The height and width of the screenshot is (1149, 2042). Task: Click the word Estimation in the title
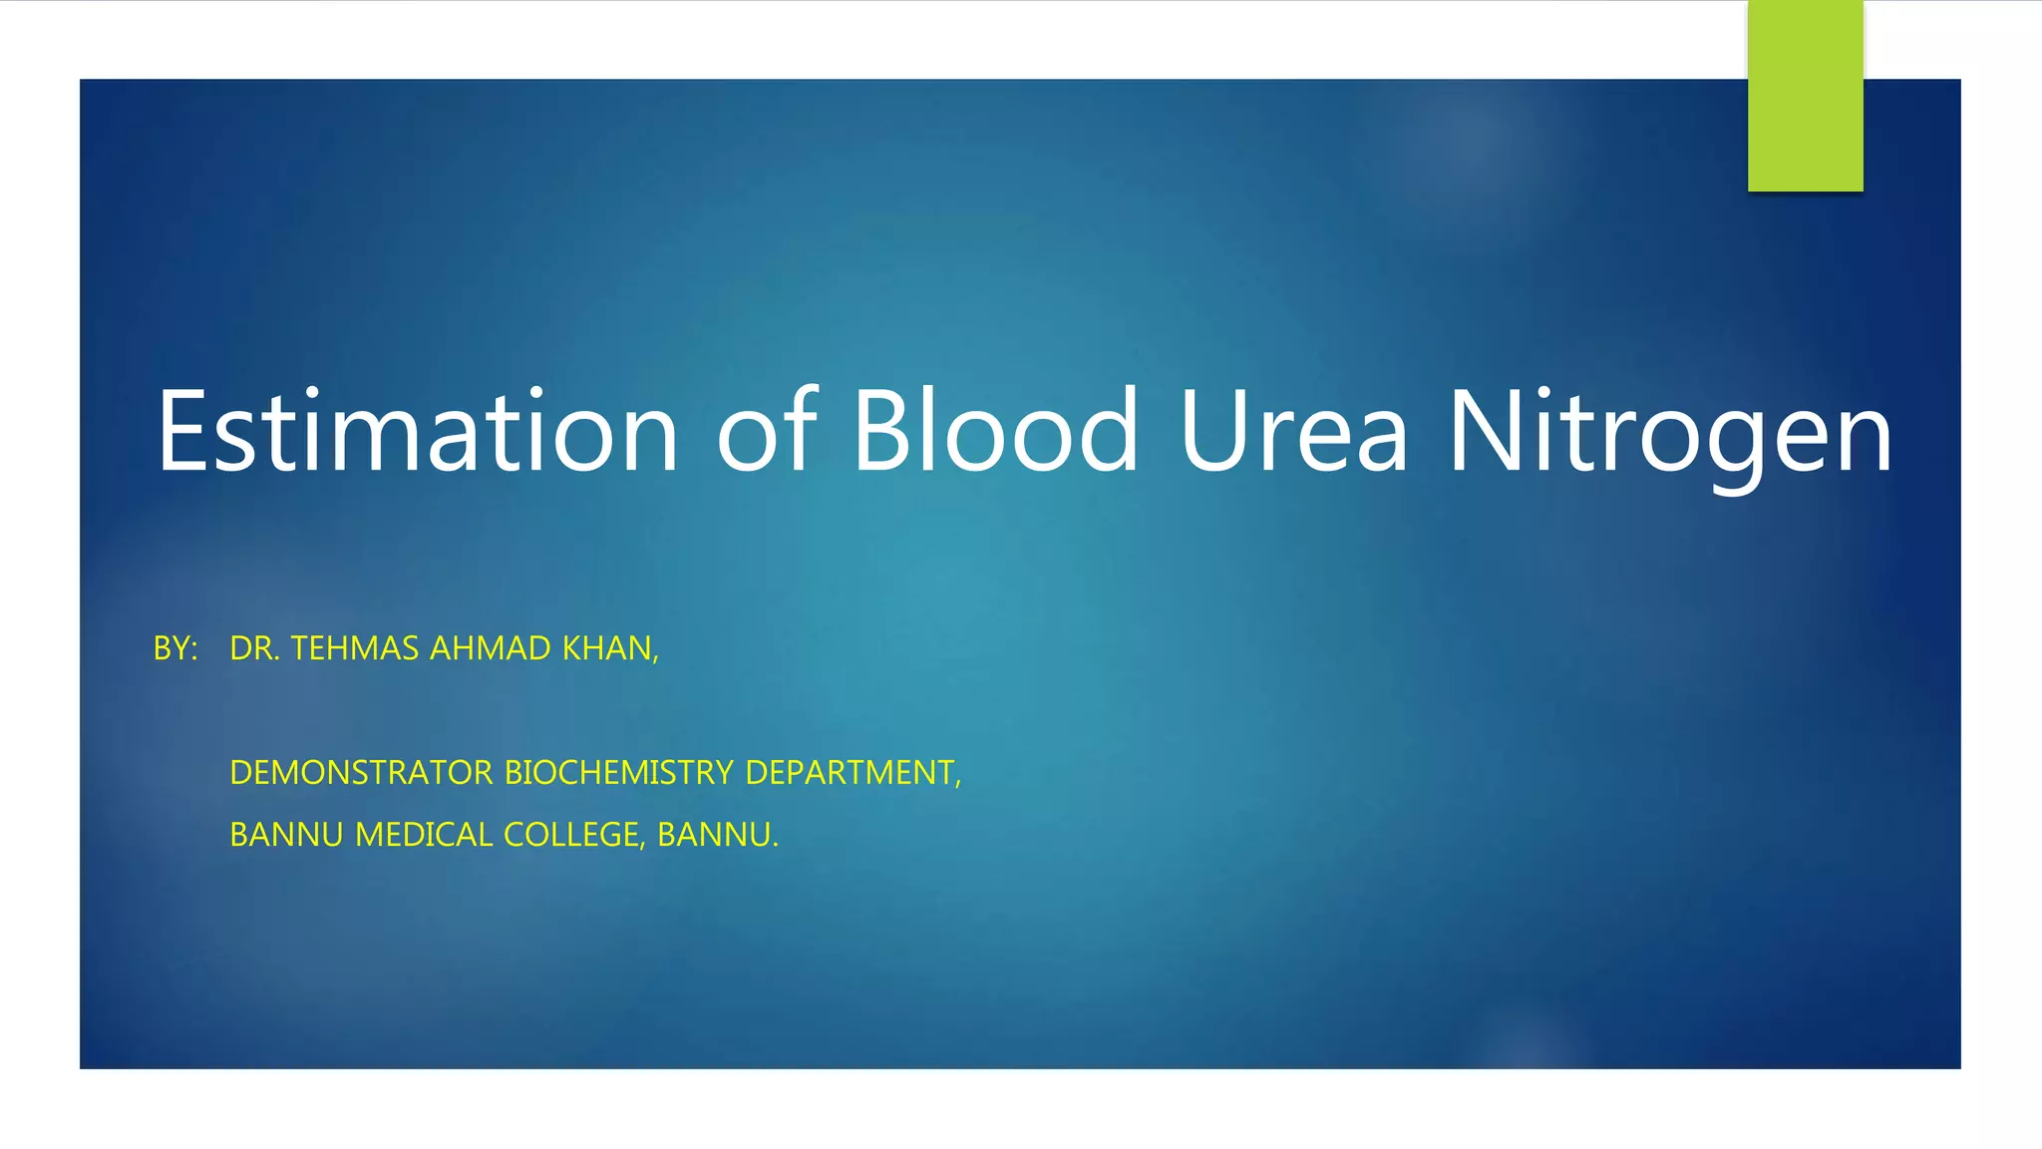click(417, 431)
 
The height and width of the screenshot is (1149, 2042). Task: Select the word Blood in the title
click(994, 431)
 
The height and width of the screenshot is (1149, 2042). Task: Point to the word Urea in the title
click(1293, 431)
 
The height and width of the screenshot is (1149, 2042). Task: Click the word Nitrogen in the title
click(1669, 431)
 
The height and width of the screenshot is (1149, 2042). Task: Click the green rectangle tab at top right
click(1805, 96)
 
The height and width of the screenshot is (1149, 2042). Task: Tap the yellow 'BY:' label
click(175, 648)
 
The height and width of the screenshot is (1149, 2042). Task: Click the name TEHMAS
click(354, 648)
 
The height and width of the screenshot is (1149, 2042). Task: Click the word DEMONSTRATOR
click(361, 773)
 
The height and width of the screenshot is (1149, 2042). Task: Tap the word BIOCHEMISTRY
click(619, 773)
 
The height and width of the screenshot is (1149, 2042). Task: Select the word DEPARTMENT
click(851, 773)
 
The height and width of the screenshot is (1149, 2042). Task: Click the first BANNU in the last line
click(286, 835)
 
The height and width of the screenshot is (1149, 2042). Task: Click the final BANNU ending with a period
click(716, 835)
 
